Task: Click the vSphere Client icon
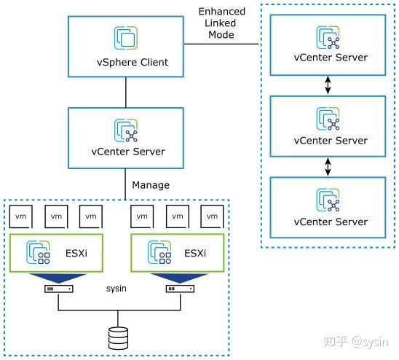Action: click(126, 39)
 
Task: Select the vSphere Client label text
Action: click(126, 62)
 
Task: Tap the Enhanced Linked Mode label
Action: click(221, 23)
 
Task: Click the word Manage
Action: click(151, 185)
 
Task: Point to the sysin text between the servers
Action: click(116, 288)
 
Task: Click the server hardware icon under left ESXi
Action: click(58, 289)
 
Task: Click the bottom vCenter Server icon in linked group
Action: click(328, 200)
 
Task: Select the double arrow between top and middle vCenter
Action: click(328, 85)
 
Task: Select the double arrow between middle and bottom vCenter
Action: click(328, 167)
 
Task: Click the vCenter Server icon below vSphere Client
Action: click(126, 130)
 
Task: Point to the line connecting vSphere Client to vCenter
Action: click(126, 92)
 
